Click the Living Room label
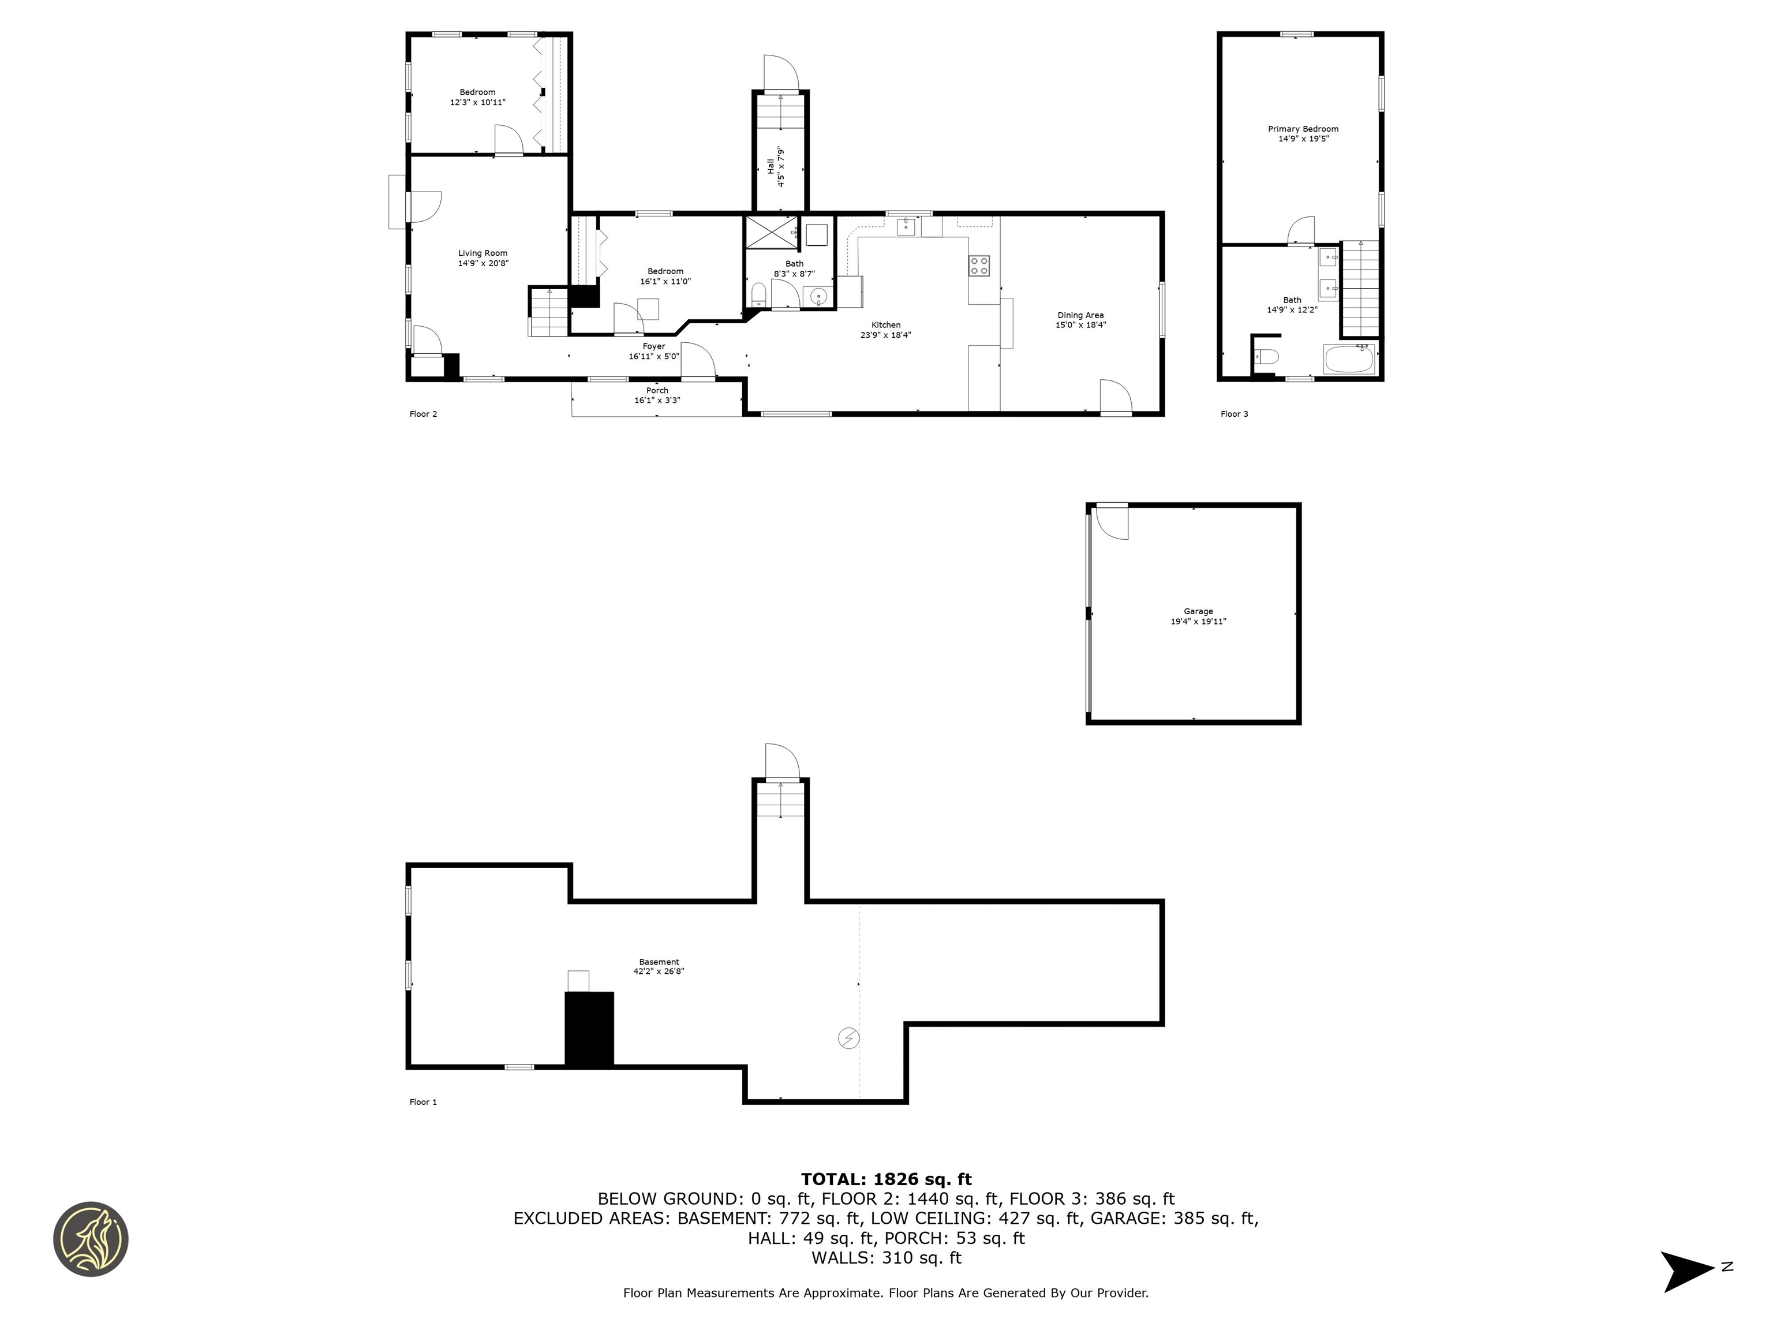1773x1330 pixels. tap(482, 253)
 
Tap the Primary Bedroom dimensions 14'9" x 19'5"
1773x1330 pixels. tap(1303, 139)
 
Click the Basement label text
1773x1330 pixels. tap(659, 962)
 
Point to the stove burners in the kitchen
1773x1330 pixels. tap(979, 266)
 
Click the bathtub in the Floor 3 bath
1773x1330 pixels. tap(1350, 359)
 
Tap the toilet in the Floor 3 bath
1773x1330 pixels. tap(1266, 357)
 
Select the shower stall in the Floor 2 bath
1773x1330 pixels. tap(771, 233)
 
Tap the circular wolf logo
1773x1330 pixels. tap(91, 1239)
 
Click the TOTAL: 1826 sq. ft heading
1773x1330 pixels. tap(886, 1179)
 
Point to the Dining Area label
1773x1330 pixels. tap(1080, 315)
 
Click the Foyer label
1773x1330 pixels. tap(653, 346)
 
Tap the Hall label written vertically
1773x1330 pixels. tap(770, 167)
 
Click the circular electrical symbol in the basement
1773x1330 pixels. tap(848, 1038)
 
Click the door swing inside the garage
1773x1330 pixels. tap(1113, 522)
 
